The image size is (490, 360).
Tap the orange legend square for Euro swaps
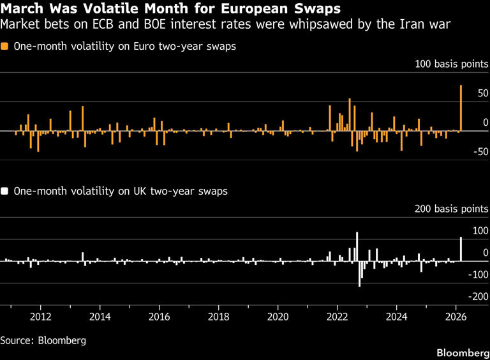click(x=5, y=47)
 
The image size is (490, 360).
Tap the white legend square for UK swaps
click(x=5, y=191)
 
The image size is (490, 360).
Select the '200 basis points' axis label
click(x=452, y=209)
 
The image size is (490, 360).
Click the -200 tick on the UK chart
click(x=478, y=297)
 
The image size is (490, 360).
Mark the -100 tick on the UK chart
click(x=478, y=274)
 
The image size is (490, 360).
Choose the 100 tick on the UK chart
click(x=480, y=231)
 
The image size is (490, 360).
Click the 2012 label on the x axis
click(x=41, y=317)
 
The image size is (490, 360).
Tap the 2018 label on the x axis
click(x=219, y=317)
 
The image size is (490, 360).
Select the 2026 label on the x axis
click(x=456, y=317)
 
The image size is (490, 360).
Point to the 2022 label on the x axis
click(x=337, y=317)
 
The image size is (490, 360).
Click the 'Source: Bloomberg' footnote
click(x=43, y=340)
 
